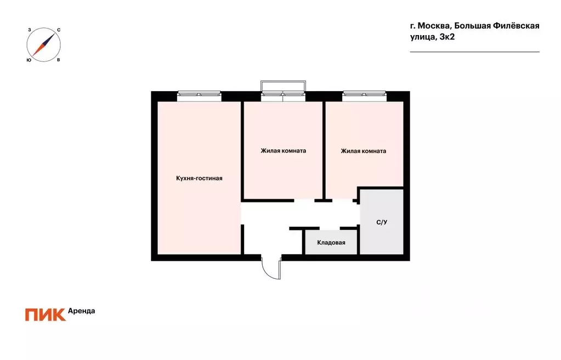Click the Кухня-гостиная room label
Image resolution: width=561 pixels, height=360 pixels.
pyautogui.click(x=199, y=178)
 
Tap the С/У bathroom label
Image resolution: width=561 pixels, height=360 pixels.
pyautogui.click(x=382, y=222)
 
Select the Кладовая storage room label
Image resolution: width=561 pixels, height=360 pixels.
pyautogui.click(x=331, y=242)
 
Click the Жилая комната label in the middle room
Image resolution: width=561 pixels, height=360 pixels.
pyautogui.click(x=283, y=151)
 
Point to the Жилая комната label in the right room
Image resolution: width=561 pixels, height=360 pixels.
pyautogui.click(x=363, y=151)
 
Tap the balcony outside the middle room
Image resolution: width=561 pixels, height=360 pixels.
pyautogui.click(x=283, y=86)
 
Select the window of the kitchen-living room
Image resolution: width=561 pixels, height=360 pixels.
pyautogui.click(x=199, y=94)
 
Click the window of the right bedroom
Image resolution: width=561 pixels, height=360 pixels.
pyautogui.click(x=365, y=94)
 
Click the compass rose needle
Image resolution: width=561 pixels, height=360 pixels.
pyautogui.click(x=44, y=45)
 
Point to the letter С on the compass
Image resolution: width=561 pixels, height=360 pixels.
pyautogui.click(x=59, y=30)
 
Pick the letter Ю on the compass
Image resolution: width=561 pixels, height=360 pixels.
pyautogui.click(x=29, y=60)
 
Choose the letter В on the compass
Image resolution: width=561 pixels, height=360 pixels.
pyautogui.click(x=59, y=60)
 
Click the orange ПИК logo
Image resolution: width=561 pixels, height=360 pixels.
pyautogui.click(x=45, y=314)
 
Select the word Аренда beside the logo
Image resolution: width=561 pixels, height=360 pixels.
pyautogui.click(x=81, y=311)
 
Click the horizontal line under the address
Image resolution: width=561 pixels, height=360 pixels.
pyautogui.click(x=475, y=52)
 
